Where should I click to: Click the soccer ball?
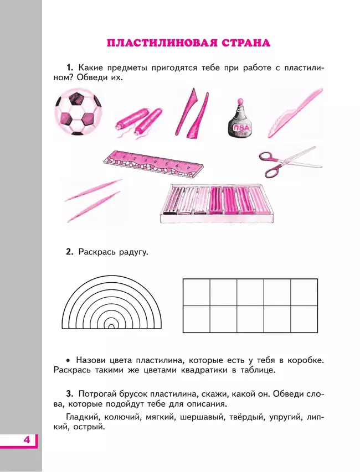(78, 115)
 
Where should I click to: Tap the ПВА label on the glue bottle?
(239, 126)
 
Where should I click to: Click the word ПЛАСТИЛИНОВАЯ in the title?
(155, 43)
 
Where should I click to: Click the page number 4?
(26, 441)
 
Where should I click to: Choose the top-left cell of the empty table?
(196, 292)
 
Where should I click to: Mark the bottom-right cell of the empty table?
(304, 319)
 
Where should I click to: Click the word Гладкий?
(83, 417)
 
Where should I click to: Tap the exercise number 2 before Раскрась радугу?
(69, 252)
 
